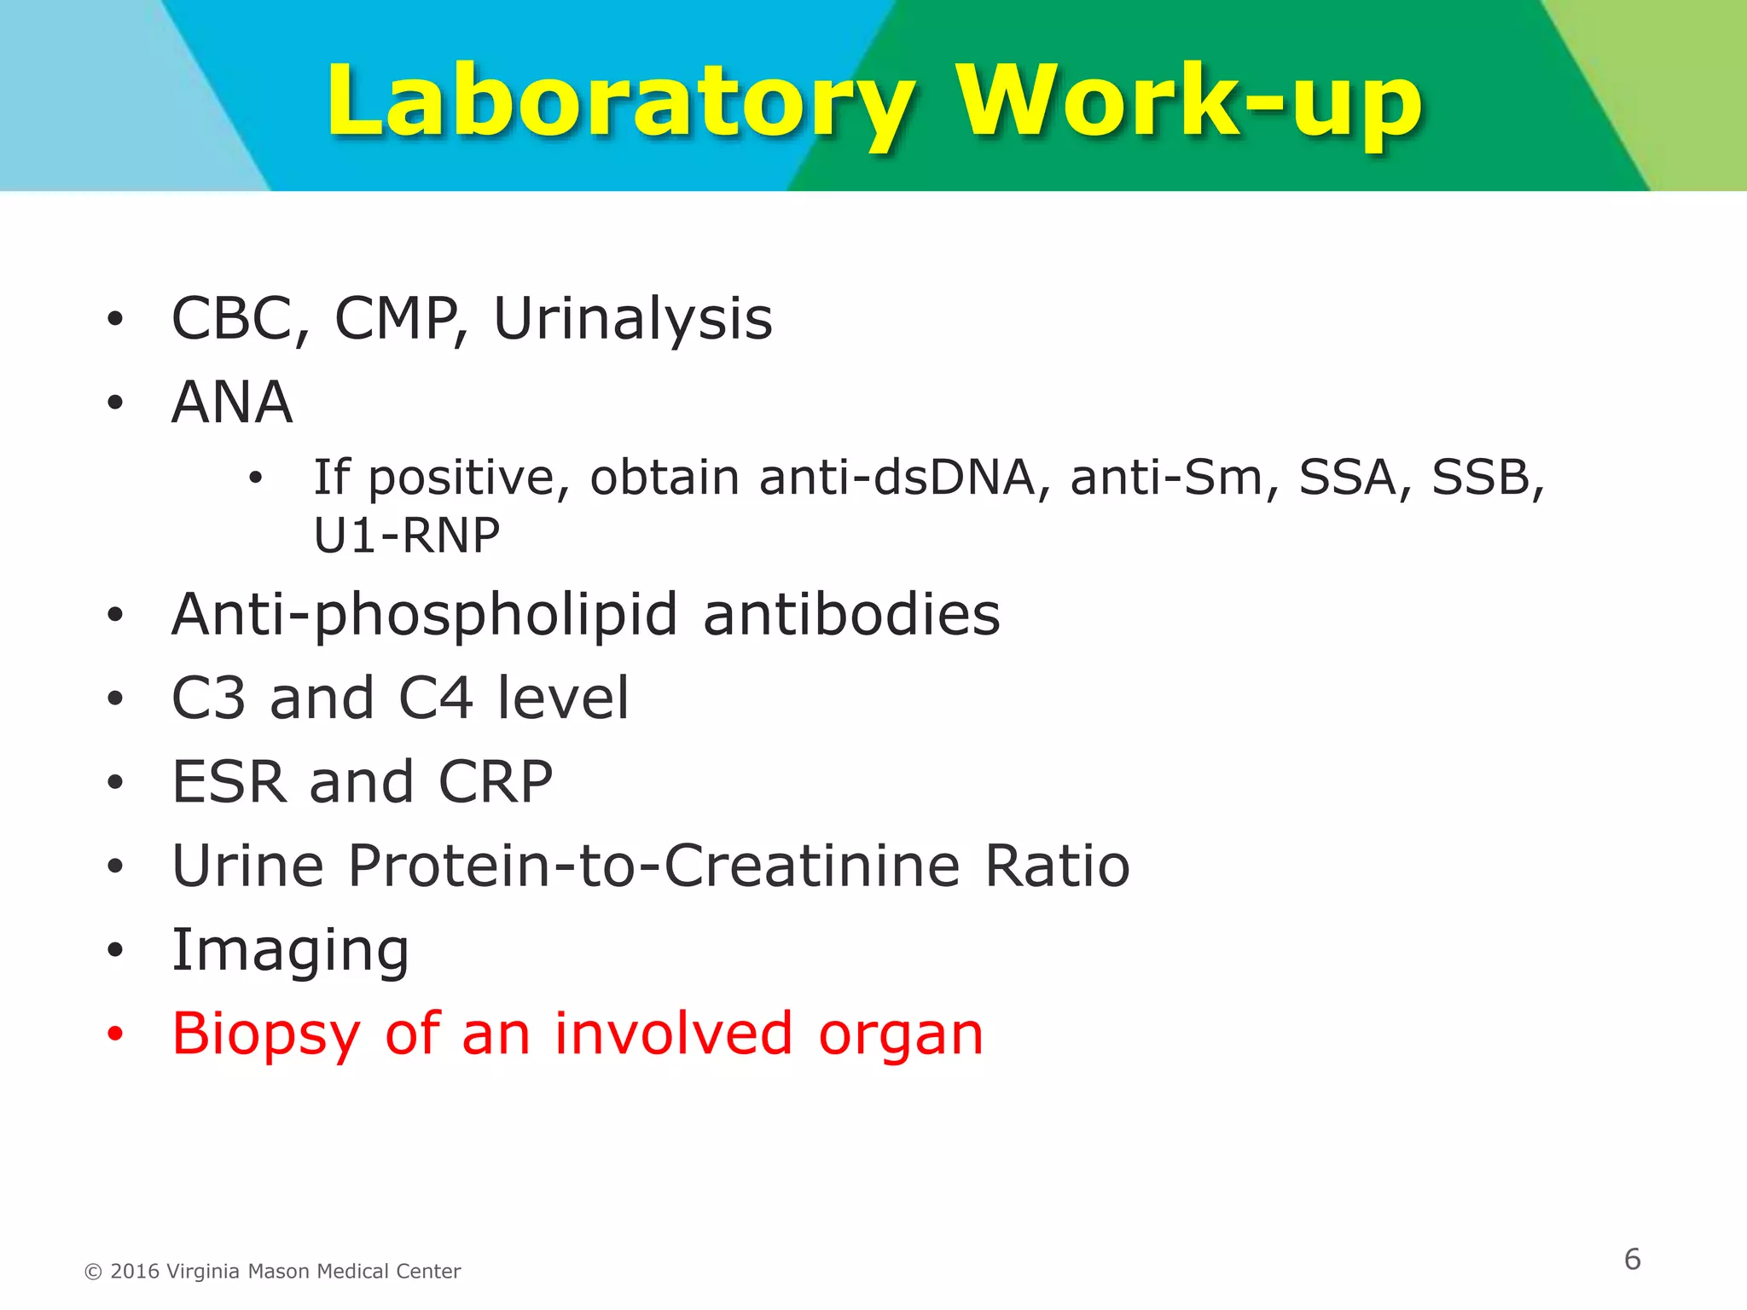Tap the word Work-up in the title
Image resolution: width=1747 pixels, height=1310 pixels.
1189,102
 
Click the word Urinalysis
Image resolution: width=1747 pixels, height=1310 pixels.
633,319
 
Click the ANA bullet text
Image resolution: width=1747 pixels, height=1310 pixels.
232,403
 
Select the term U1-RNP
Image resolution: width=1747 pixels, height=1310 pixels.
407,536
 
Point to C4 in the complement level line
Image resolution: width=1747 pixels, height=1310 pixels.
435,698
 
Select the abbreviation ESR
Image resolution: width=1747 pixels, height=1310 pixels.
228,782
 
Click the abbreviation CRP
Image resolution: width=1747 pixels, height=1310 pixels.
496,782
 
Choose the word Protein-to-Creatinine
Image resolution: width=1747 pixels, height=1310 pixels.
654,866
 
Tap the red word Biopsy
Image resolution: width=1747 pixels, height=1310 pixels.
266,1035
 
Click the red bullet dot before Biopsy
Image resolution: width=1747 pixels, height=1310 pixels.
115,1035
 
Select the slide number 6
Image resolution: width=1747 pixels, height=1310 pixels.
1632,1260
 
